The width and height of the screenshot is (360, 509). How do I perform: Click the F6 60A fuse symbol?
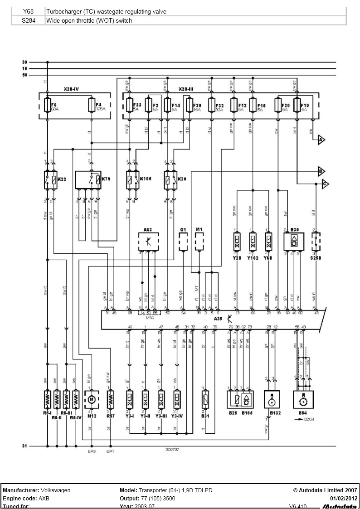tap(47, 106)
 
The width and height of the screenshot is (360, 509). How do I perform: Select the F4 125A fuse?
tap(91, 106)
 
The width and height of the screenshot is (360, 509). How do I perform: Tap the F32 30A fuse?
tap(211, 105)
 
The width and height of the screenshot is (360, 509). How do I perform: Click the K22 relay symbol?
tap(49, 180)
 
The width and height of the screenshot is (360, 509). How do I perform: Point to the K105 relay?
tap(131, 180)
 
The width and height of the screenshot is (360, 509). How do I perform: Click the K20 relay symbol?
tap(169, 180)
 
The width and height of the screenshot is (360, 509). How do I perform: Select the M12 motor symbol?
tap(92, 399)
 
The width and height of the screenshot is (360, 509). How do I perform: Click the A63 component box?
tap(148, 242)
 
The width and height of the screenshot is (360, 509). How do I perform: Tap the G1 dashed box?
tap(183, 242)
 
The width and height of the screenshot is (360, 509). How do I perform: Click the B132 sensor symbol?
tap(272, 400)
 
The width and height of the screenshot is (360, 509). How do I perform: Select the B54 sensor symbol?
tap(300, 400)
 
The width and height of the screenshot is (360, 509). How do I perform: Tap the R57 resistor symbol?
tap(110, 399)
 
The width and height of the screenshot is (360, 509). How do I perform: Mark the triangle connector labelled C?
tap(325, 184)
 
